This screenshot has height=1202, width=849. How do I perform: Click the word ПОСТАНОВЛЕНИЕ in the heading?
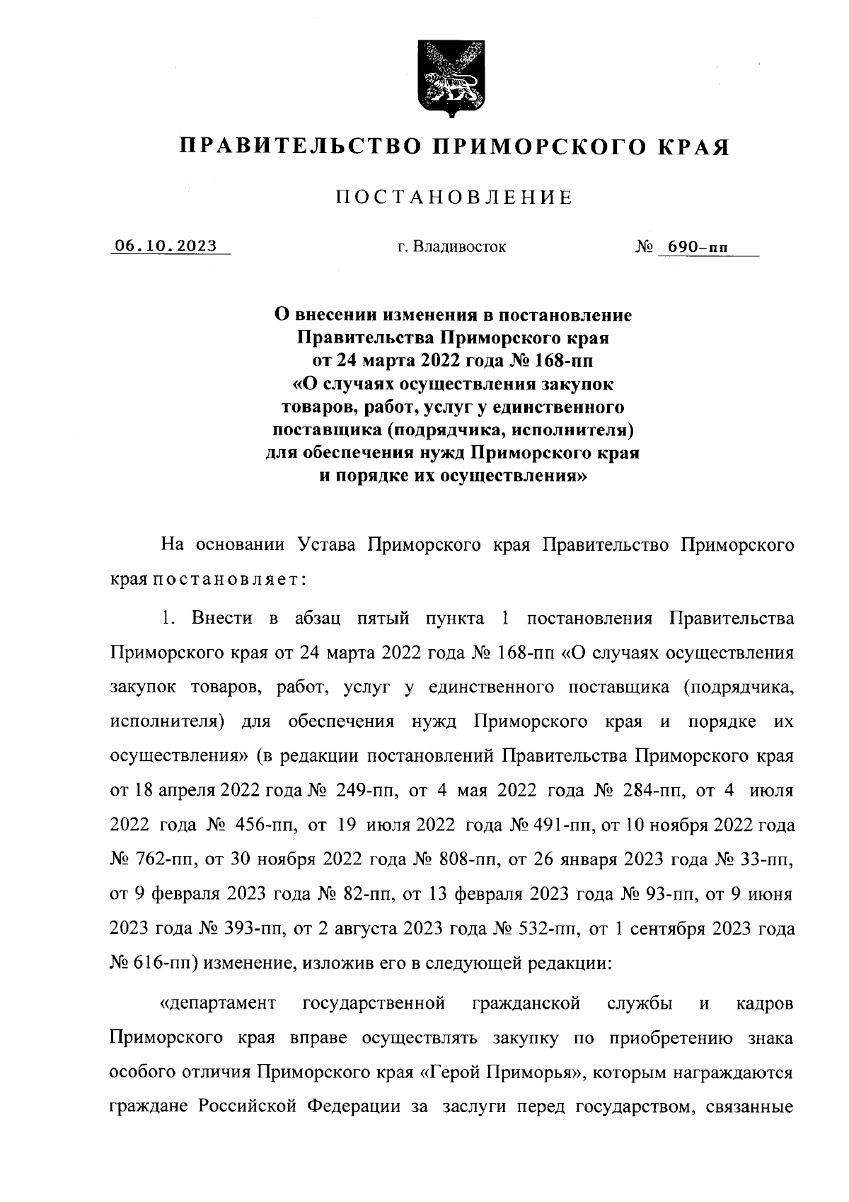pyautogui.click(x=454, y=198)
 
